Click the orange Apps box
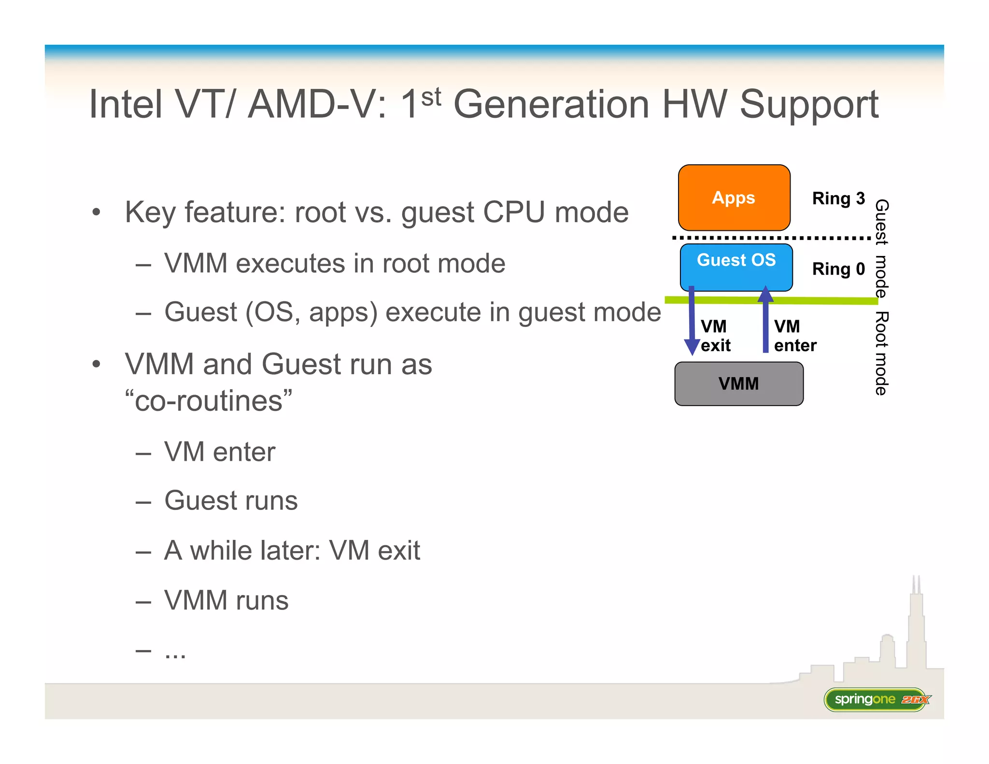point(734,198)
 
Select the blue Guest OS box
point(736,267)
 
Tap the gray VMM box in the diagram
point(738,384)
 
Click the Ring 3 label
point(838,198)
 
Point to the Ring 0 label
point(838,269)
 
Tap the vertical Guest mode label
point(881,248)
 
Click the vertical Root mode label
point(881,354)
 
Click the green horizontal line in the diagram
point(821,301)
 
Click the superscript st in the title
point(431,97)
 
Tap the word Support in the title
point(809,105)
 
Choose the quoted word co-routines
point(209,401)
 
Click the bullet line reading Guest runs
point(231,500)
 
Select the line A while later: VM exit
point(292,551)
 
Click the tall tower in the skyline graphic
point(916,628)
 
